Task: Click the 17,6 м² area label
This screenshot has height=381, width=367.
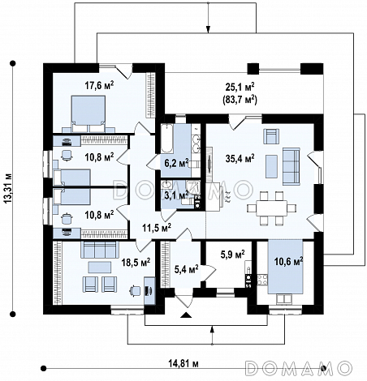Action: coord(99,85)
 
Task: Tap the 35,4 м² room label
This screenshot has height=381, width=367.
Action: coord(240,158)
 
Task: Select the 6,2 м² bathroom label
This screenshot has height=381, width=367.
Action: coord(176,163)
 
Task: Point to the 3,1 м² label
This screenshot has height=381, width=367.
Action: coord(176,195)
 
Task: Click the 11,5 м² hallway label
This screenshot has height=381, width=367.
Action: coord(157,228)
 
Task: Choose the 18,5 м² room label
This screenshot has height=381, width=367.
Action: coord(136,262)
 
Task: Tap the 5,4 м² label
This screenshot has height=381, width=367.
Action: coord(186,269)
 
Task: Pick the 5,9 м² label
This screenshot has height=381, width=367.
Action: coord(233,255)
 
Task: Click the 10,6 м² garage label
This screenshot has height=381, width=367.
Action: coord(288,261)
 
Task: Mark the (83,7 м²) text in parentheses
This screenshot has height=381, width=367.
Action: coord(240,100)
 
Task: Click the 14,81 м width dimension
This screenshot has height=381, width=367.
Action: coord(183,363)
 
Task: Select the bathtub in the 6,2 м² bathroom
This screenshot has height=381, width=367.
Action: coord(167,139)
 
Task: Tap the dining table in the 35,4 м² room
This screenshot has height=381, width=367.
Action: coord(271,208)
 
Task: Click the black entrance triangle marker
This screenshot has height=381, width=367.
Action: coord(187,315)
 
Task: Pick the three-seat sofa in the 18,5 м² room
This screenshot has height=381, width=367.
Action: coord(100,250)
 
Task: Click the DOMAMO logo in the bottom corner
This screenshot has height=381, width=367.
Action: coord(299,368)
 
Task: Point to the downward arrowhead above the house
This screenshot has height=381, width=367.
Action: coord(208,29)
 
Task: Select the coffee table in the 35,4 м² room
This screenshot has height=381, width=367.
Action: coord(271,166)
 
